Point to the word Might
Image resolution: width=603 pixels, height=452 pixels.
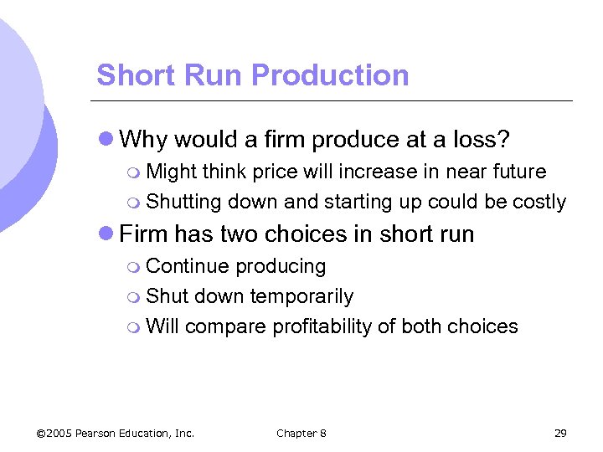[173, 172]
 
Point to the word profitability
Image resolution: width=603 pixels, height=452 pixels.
[322, 326]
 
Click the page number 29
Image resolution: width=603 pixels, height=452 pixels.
[560, 433]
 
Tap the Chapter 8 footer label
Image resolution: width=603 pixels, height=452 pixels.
[301, 433]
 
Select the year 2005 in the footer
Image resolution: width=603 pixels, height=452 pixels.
[59, 433]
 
